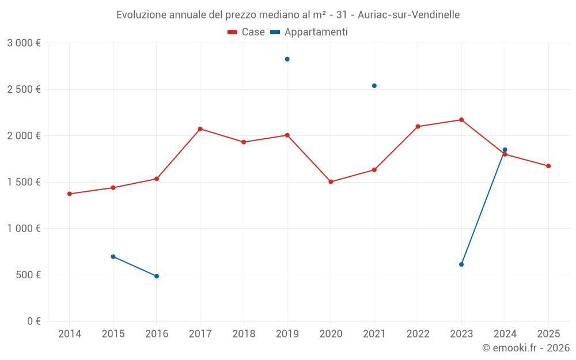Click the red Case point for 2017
(x=200, y=129)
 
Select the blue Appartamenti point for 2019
(x=287, y=59)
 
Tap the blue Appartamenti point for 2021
(x=374, y=86)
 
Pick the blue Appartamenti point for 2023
(x=461, y=264)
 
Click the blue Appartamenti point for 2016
(x=157, y=276)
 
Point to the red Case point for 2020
(x=331, y=182)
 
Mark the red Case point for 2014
(x=70, y=194)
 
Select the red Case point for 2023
(x=461, y=120)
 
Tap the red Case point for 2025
(x=548, y=166)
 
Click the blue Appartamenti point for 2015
(x=113, y=257)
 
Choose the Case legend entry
(x=247, y=32)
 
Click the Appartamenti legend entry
(x=309, y=32)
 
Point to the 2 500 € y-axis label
(x=24, y=89)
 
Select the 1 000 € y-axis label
(x=24, y=229)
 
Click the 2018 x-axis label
(x=244, y=334)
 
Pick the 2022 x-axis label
(x=418, y=334)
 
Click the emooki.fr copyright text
(x=526, y=348)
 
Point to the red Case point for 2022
(x=418, y=127)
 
